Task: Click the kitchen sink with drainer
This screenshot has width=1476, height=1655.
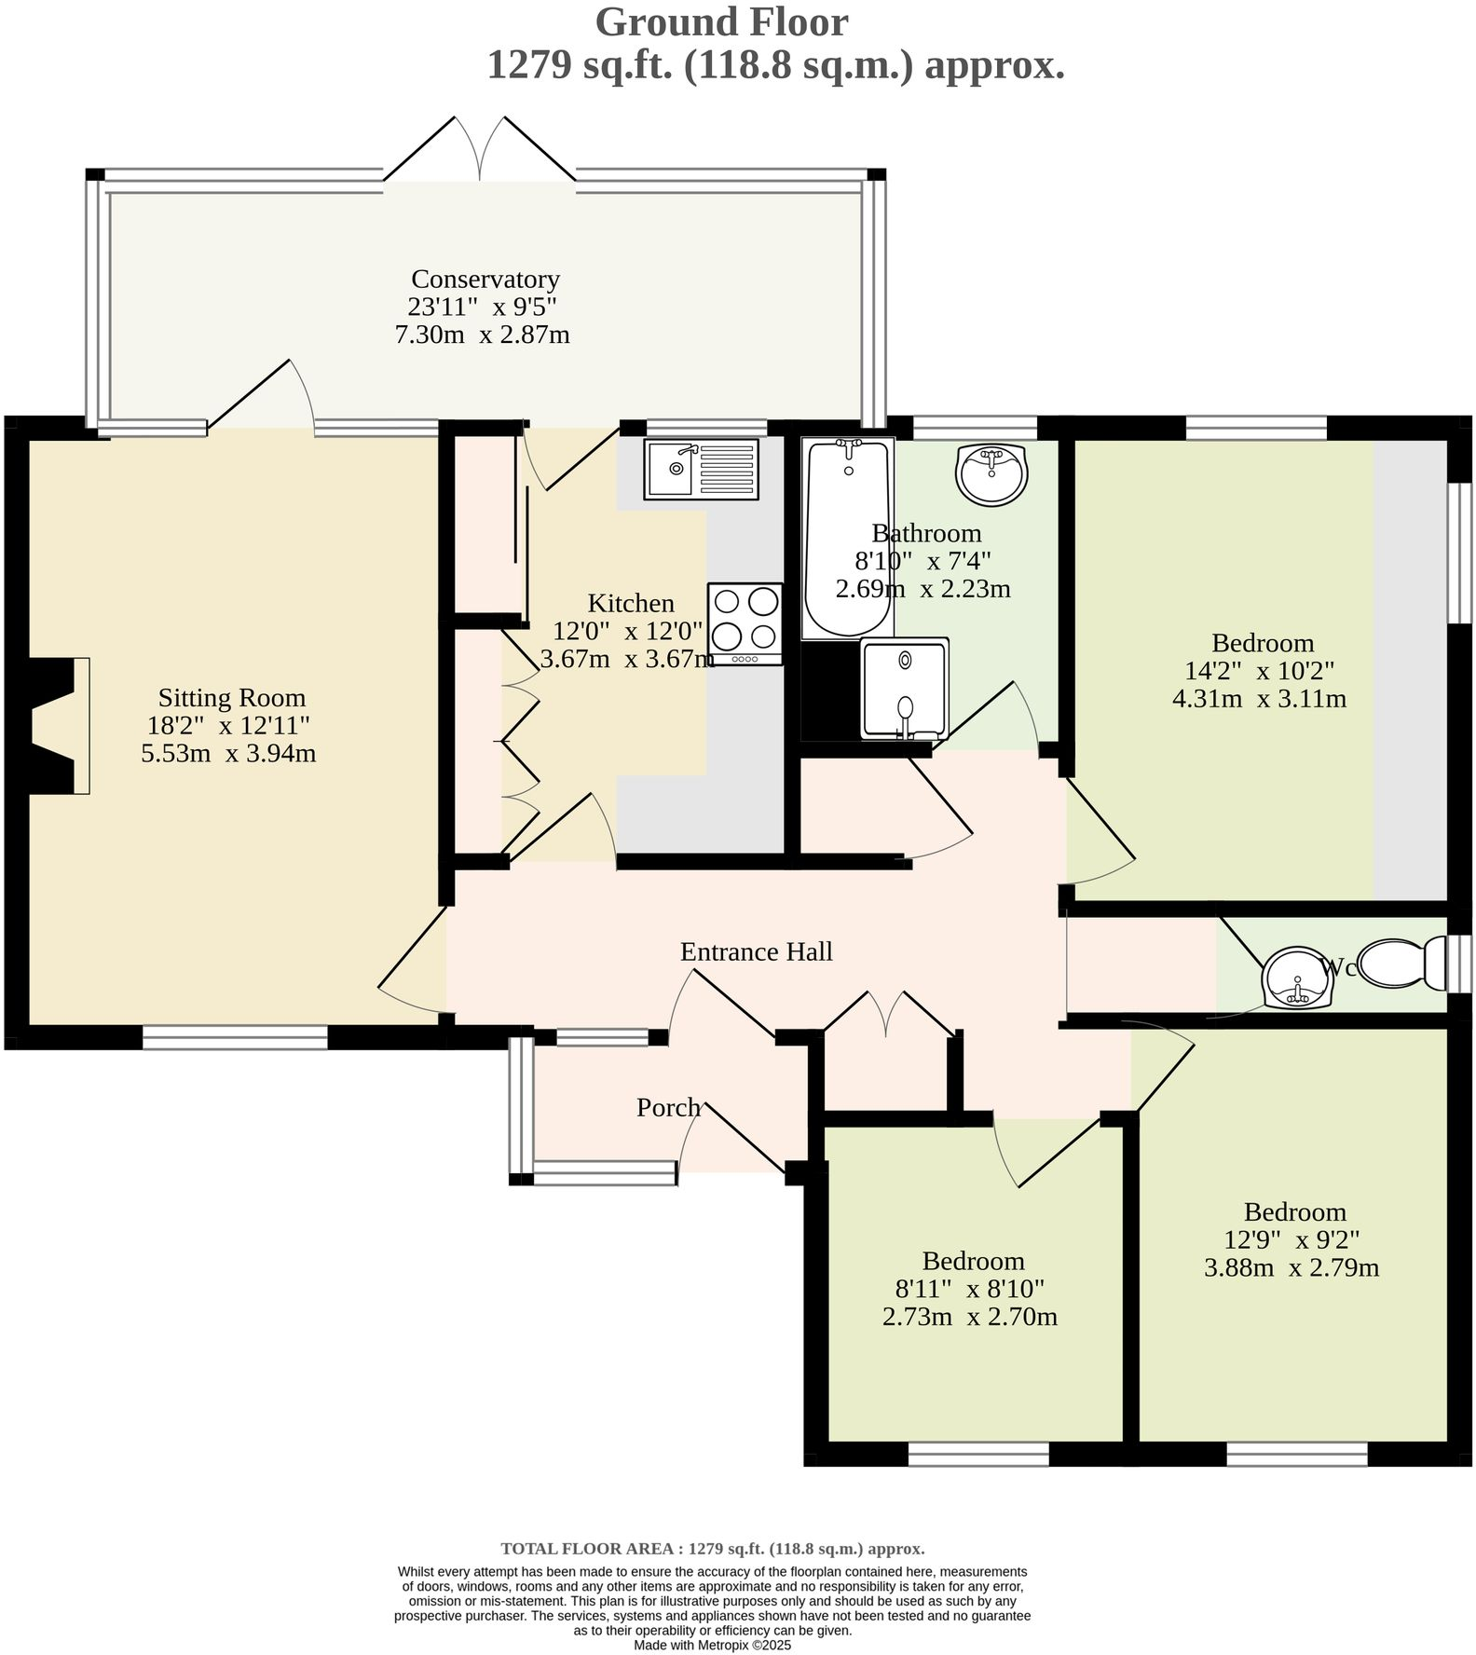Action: [x=701, y=468]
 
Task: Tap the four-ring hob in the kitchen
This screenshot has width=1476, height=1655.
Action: [x=745, y=621]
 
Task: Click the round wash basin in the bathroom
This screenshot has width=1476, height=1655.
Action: [x=991, y=473]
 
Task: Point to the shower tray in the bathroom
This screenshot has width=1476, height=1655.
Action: [x=904, y=690]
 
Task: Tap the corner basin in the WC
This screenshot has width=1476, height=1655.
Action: [x=1296, y=979]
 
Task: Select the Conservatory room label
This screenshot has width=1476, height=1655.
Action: [x=485, y=279]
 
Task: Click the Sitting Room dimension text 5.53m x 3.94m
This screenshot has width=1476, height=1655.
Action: [x=228, y=754]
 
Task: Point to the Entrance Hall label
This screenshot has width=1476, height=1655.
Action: [x=756, y=951]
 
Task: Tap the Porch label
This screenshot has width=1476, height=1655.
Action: [x=668, y=1107]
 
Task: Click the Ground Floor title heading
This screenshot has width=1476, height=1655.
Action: [x=721, y=22]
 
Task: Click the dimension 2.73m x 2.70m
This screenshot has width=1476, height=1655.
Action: [x=969, y=1317]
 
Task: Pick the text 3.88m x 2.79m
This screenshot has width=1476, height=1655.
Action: [x=1291, y=1267]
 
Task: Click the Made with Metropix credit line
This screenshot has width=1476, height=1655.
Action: [x=712, y=1646]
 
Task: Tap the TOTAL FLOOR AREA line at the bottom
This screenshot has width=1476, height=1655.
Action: [x=712, y=1549]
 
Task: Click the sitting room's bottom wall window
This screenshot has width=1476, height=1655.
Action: [x=235, y=1037]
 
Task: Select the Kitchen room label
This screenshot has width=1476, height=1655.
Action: [x=631, y=602]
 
